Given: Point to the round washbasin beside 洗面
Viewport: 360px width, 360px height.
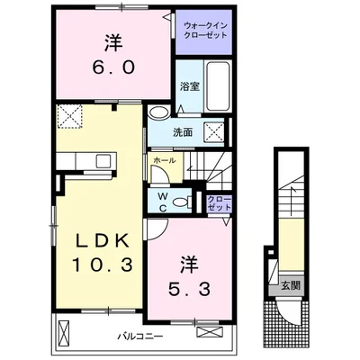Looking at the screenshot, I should [157, 113].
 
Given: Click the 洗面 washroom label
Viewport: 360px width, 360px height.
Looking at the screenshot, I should [184, 130].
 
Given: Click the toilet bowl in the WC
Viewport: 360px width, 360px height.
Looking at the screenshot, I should [180, 203].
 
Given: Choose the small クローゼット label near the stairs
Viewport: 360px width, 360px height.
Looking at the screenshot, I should [218, 202].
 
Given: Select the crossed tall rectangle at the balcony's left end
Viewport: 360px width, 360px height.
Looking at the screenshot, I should [64, 334].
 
